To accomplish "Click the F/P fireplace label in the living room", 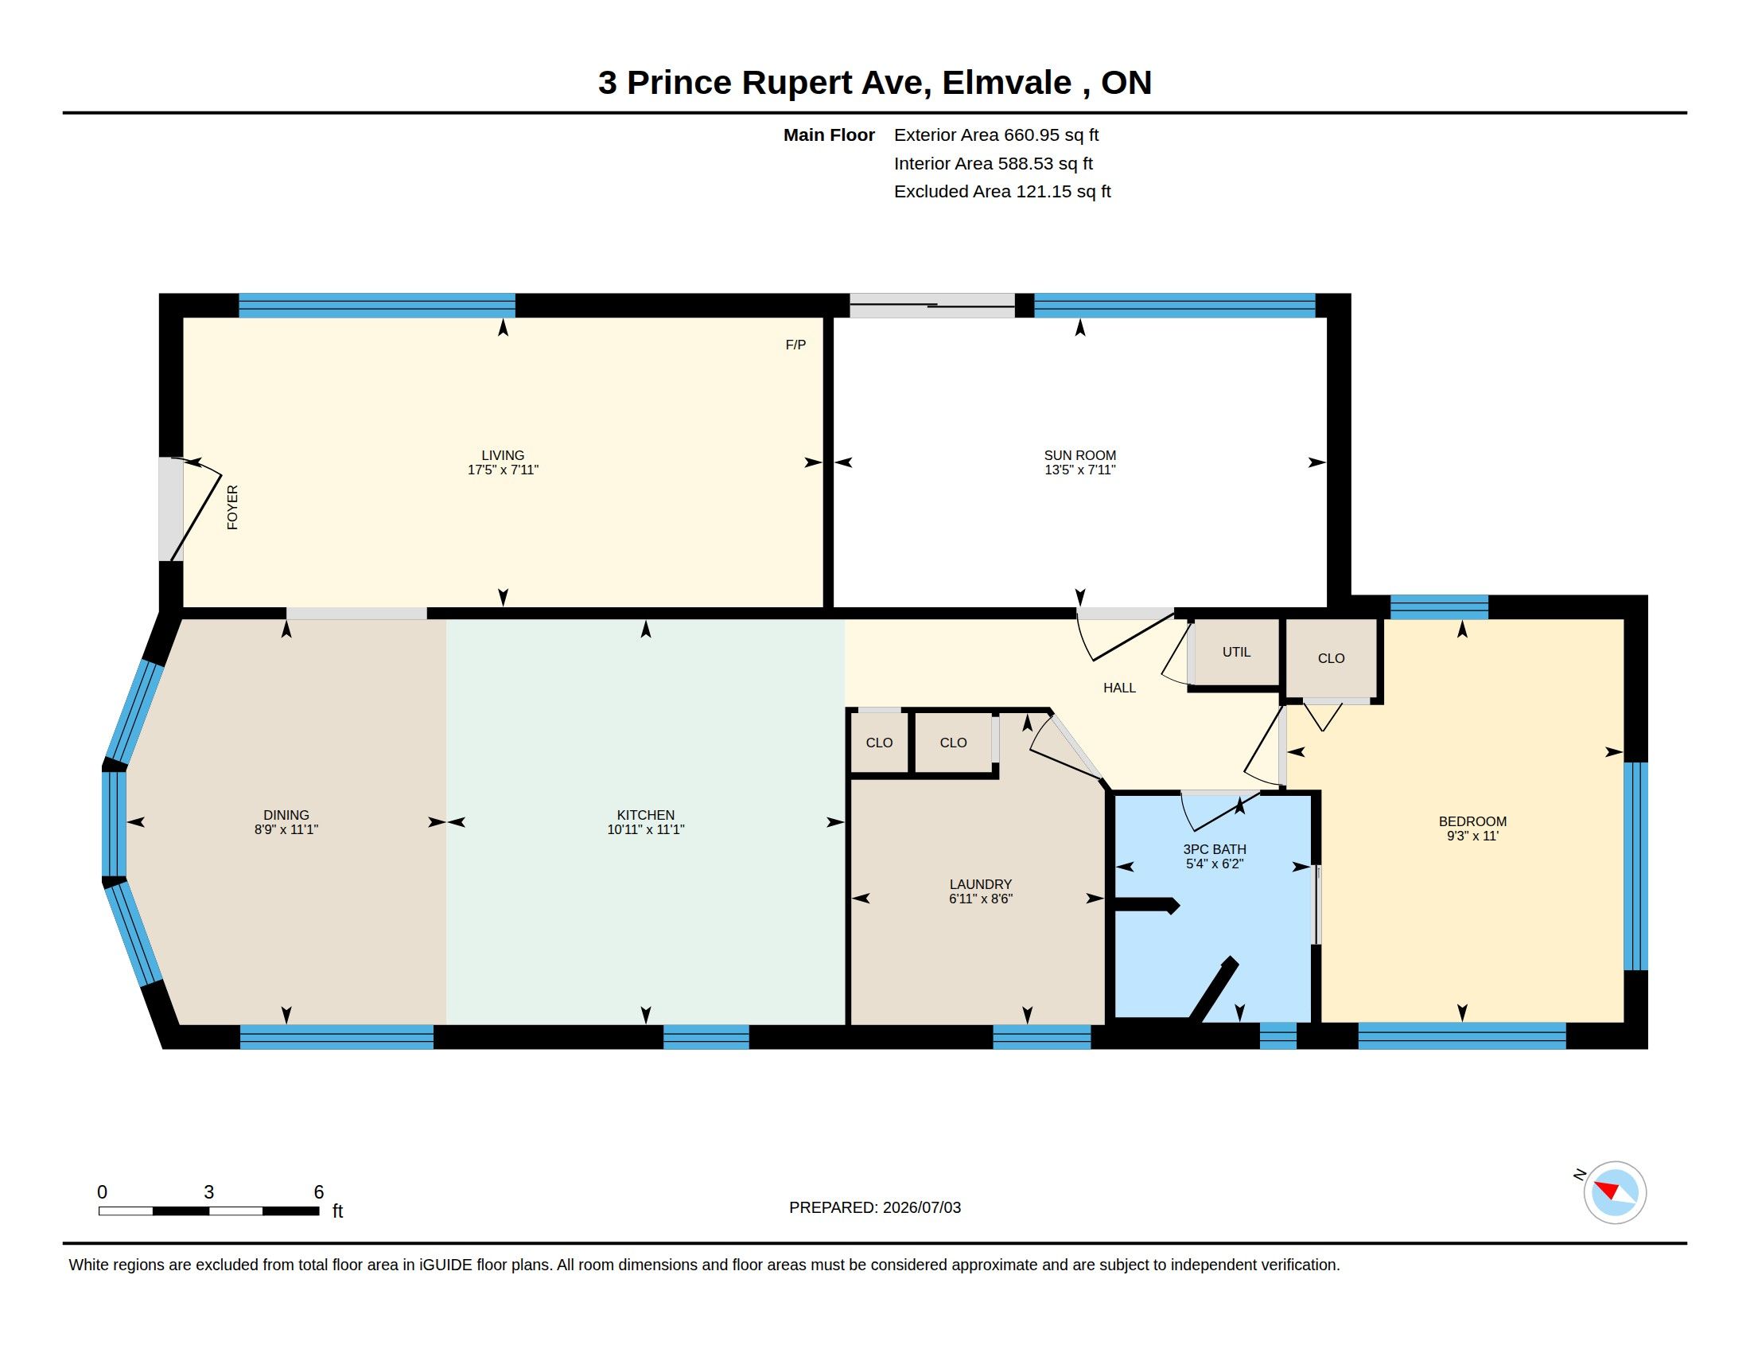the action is coord(795,345).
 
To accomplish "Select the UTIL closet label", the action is coord(1236,653).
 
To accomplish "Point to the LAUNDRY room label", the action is coord(981,884).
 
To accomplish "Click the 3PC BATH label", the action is coord(1215,849).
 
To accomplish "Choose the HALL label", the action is coord(1119,688).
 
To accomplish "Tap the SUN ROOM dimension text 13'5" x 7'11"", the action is coord(1080,470).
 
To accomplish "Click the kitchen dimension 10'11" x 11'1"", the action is coord(646,829).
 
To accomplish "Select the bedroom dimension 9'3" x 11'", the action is coord(1472,836).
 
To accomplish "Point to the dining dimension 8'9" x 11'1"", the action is coord(286,829).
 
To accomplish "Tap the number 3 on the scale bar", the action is coord(209,1192).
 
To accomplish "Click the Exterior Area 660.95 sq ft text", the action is coord(996,135).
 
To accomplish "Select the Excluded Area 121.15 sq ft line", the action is coord(1002,192).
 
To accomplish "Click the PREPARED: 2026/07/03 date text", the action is coord(875,1207).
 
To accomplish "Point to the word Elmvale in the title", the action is coord(1006,83).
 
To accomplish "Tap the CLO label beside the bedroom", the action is coord(1331,659).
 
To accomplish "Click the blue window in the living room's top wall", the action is coord(376,306).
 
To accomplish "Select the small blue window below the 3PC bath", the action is coord(1278,1036).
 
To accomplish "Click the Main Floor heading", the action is coord(829,135).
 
